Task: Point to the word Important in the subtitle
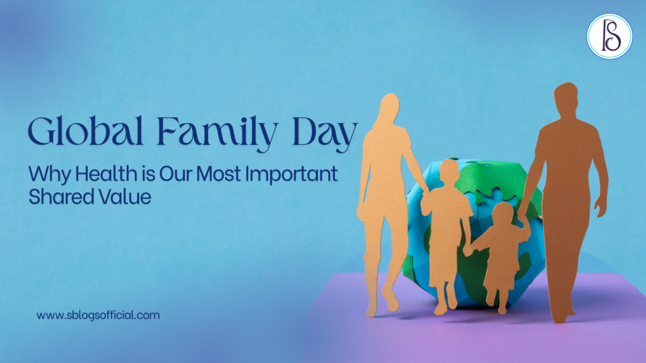[x=296, y=174]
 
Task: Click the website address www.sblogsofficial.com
[x=98, y=314]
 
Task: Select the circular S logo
[x=609, y=37]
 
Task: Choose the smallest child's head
[x=503, y=214]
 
